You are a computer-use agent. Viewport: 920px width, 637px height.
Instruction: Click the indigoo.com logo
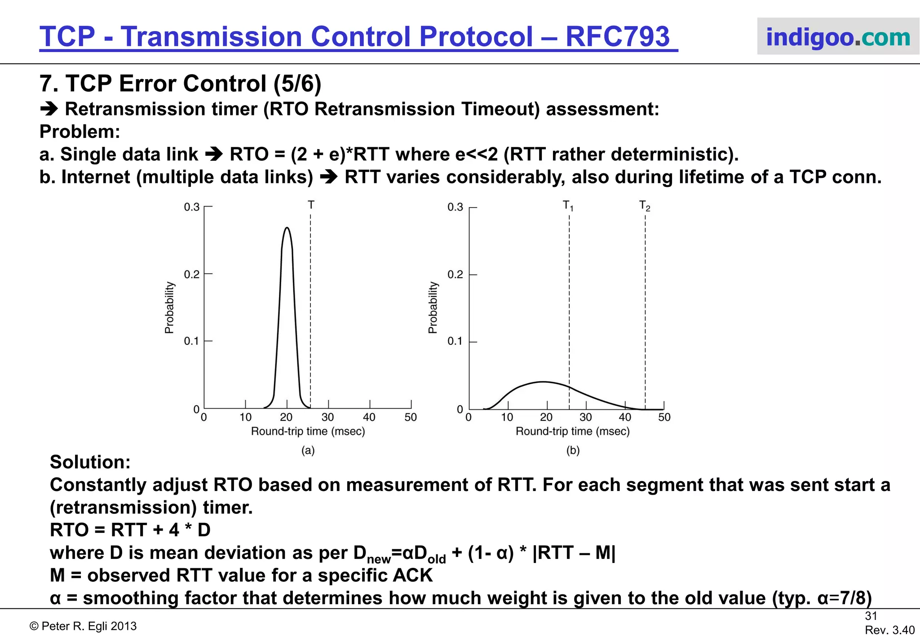click(x=838, y=37)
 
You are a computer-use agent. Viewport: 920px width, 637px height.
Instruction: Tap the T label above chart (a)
click(x=311, y=205)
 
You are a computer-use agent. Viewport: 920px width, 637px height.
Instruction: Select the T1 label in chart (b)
click(x=568, y=206)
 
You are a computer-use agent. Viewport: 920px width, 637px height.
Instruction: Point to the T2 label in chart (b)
click(x=645, y=206)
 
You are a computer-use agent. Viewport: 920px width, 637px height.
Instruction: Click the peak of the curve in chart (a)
click(x=287, y=228)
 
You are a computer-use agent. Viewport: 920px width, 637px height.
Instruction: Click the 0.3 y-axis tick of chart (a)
click(x=192, y=207)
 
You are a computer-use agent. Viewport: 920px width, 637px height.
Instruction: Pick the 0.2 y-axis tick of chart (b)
click(x=455, y=274)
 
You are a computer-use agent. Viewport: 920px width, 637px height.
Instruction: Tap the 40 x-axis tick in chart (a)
click(x=369, y=417)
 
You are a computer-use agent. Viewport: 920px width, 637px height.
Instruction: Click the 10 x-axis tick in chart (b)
click(x=507, y=417)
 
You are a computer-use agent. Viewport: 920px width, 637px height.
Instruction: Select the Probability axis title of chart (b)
click(x=433, y=308)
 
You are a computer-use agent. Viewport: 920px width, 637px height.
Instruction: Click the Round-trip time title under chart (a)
click(x=308, y=432)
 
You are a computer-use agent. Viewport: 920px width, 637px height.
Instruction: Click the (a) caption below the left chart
click(x=308, y=450)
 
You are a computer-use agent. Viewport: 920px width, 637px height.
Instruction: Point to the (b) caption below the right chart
click(x=573, y=450)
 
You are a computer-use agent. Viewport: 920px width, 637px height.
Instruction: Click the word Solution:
click(x=90, y=462)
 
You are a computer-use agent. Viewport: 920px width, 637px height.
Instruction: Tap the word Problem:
click(x=80, y=132)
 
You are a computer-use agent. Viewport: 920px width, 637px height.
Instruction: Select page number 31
click(x=871, y=616)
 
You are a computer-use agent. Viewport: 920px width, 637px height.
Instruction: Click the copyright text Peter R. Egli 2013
click(x=83, y=626)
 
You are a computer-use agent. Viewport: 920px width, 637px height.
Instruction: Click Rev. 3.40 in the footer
click(x=889, y=630)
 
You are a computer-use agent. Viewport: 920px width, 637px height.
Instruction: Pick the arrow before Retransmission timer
click(x=49, y=109)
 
